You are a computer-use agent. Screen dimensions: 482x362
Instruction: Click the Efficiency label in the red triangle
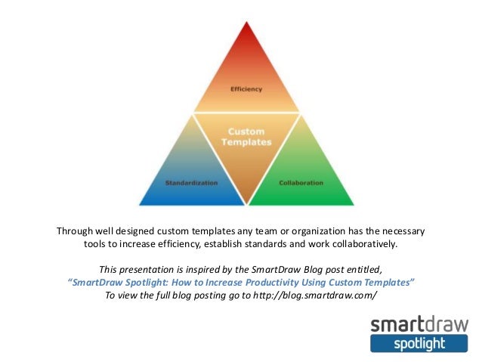click(246, 89)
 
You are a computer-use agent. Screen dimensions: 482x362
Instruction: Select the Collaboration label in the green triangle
click(301, 183)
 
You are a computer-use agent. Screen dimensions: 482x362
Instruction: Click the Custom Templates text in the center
click(246, 137)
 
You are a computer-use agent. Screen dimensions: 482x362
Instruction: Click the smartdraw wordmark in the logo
click(419, 325)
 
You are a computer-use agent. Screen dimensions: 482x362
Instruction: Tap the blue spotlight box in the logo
click(419, 344)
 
